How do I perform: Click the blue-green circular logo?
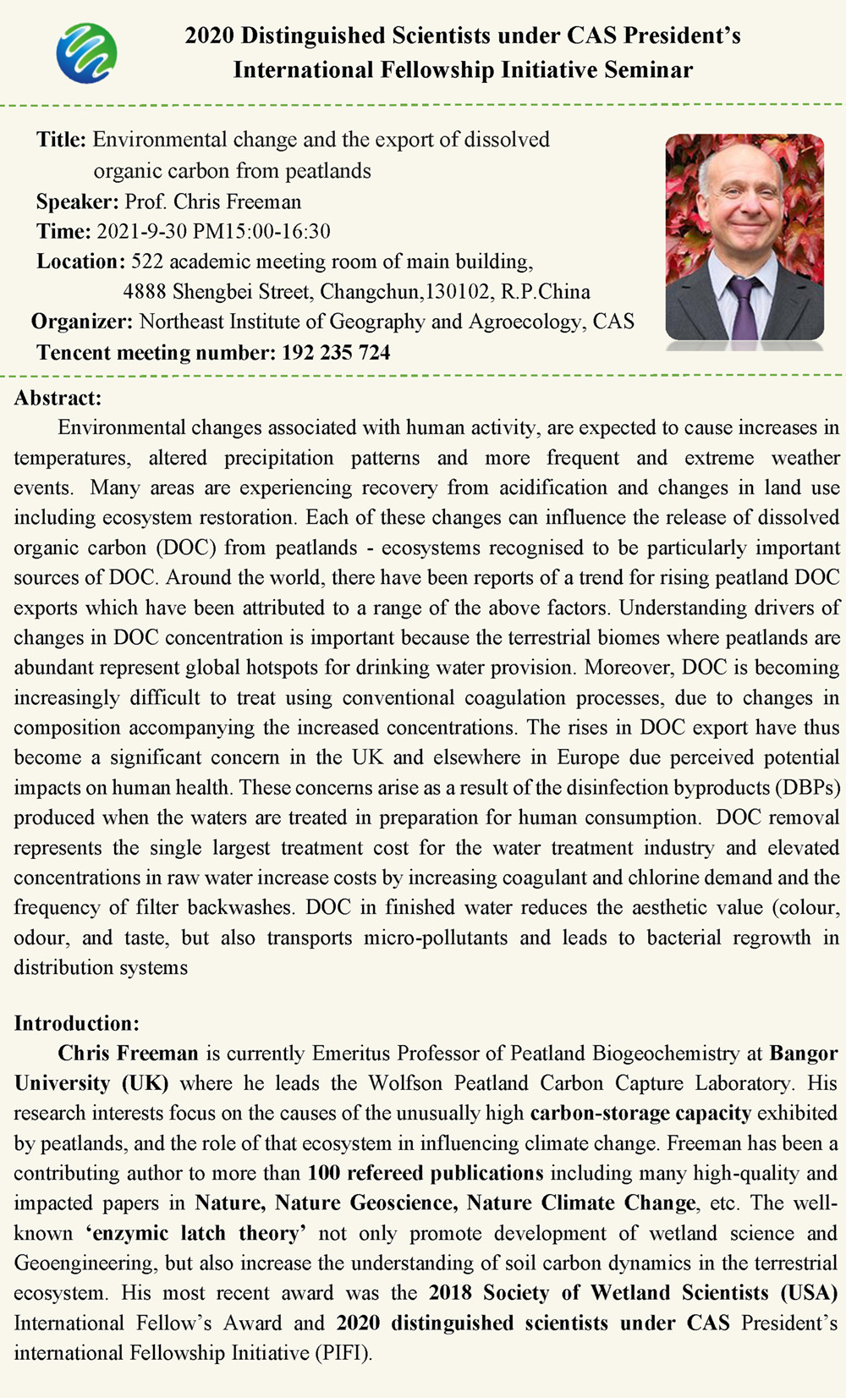[86, 52]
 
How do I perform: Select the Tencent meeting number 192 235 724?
[336, 352]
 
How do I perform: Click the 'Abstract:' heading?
[58, 398]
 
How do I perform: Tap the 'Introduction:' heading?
[76, 1023]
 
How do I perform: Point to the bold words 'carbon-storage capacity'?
[640, 1113]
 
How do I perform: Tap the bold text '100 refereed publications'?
[425, 1173]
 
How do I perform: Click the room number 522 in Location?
[147, 261]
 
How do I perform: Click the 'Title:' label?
[61, 140]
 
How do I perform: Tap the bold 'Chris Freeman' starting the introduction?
[128, 1054]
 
